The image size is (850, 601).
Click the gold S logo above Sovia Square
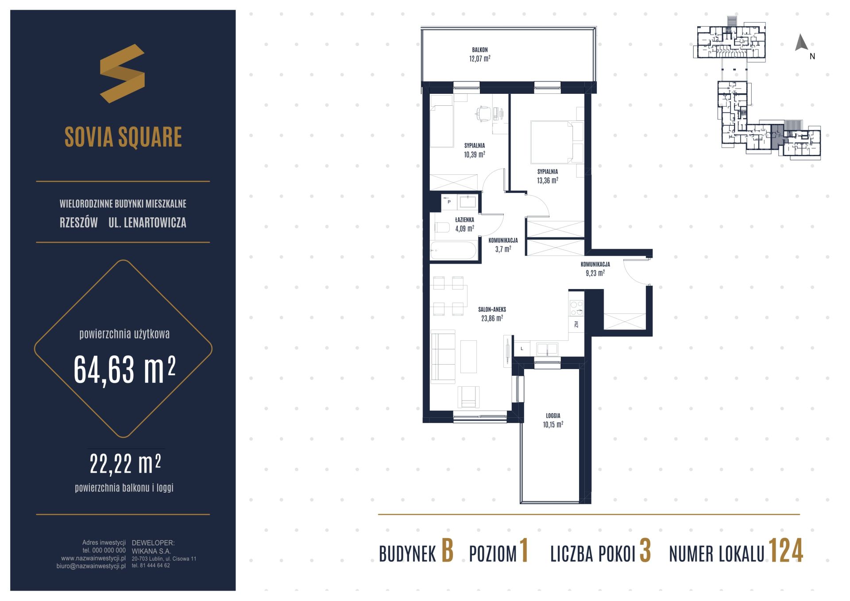(x=122, y=73)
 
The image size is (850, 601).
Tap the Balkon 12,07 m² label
(x=480, y=54)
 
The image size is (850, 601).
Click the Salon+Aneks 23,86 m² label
(x=492, y=314)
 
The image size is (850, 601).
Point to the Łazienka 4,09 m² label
(x=465, y=224)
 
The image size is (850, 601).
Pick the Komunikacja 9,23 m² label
(x=595, y=269)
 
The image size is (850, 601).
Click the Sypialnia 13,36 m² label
(x=548, y=176)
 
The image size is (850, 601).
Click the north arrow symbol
(x=801, y=43)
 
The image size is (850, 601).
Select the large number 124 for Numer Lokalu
(x=785, y=551)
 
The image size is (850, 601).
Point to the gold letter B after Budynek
(x=447, y=551)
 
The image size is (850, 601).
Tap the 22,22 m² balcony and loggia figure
(x=125, y=464)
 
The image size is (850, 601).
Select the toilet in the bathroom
(x=443, y=228)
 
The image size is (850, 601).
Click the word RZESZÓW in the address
(x=79, y=223)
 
